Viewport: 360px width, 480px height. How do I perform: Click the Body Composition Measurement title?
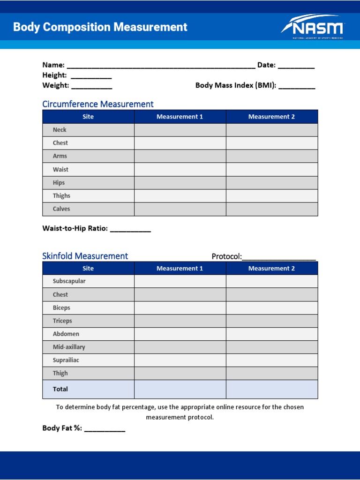point(100,27)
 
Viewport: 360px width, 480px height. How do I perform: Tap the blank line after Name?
point(161,66)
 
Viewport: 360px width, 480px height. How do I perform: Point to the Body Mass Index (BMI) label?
point(235,86)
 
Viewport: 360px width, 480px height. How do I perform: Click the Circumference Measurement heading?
point(97,104)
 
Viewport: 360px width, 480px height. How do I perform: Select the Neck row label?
point(60,130)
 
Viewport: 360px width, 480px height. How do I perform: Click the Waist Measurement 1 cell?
point(180,169)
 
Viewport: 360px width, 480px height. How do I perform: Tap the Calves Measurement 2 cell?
point(272,209)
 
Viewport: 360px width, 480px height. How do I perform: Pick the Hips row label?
point(59,183)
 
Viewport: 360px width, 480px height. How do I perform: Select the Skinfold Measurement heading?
point(85,256)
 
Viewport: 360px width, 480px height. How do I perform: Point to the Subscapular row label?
point(69,281)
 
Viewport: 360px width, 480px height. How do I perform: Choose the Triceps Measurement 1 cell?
point(180,321)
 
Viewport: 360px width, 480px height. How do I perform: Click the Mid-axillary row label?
point(69,347)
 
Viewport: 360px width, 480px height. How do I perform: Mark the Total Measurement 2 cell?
point(272,389)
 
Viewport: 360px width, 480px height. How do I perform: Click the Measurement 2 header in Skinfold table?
point(272,269)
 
